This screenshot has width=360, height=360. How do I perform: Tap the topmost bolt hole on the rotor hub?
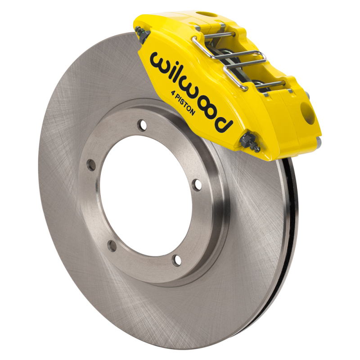click(x=143, y=124)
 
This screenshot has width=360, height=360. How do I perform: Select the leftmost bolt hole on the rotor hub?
click(x=92, y=165)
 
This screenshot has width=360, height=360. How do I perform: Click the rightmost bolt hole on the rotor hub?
click(x=197, y=184)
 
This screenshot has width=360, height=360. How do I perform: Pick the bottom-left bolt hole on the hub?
click(x=112, y=245)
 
